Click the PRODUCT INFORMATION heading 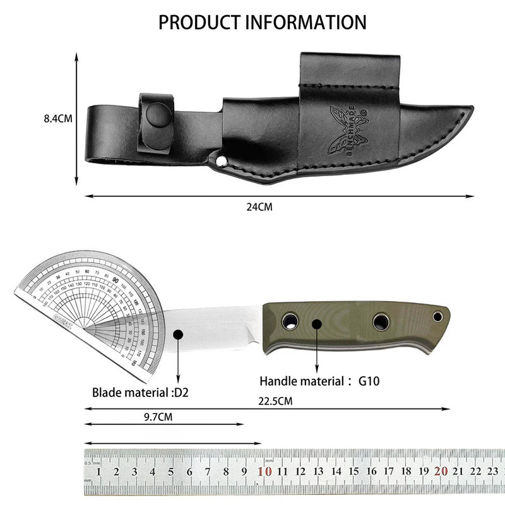262,22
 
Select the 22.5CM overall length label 275,400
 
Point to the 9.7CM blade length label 158,417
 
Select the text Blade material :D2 140,392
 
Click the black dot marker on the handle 317,324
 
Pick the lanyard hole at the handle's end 436,315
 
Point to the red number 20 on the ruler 441,471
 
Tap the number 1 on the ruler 99,472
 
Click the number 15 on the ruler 354,472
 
